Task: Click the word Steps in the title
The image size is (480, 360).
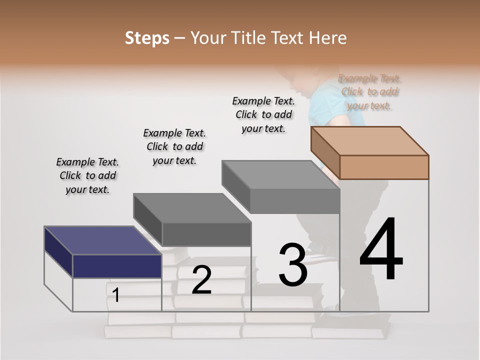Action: pos(147,38)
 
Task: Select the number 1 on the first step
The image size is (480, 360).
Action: pos(116,295)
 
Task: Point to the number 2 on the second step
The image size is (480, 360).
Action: pos(201,280)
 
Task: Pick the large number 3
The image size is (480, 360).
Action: pos(292,265)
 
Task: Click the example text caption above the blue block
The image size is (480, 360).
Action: pos(87,176)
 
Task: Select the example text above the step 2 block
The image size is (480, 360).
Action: pos(174,146)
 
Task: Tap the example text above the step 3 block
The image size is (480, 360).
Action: pos(263,114)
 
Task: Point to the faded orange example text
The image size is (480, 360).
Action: pos(369,92)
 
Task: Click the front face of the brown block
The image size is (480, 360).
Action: pos(384,167)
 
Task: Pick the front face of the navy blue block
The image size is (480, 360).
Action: pos(117,266)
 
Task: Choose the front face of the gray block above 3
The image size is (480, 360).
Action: pos(294,201)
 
